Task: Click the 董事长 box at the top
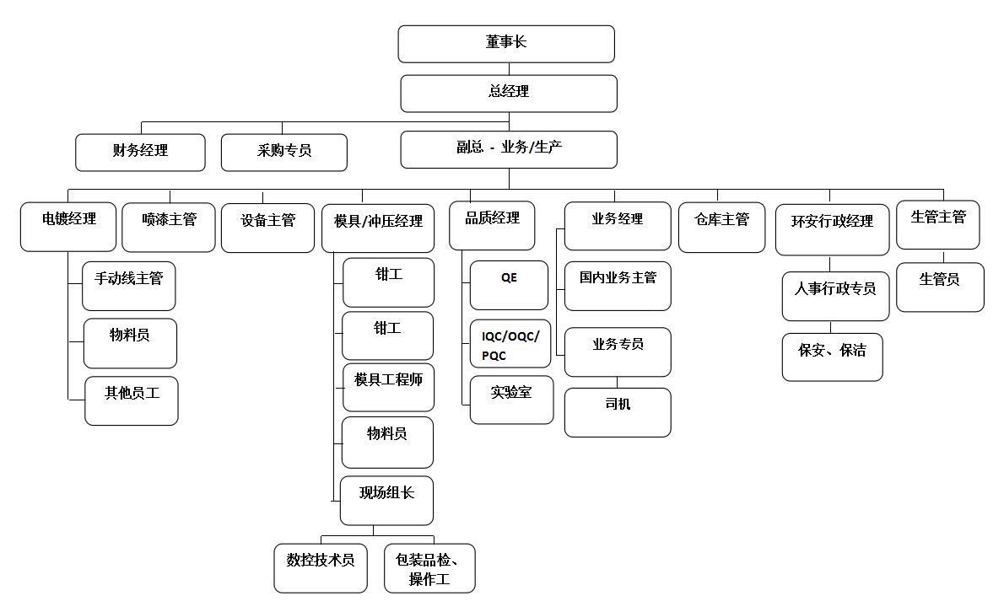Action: tap(506, 44)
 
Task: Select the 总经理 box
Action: tap(508, 93)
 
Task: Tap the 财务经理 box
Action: tap(140, 152)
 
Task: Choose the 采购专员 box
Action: tap(284, 153)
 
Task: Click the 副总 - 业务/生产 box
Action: tap(509, 149)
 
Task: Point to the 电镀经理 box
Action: tap(68, 227)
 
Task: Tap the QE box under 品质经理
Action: tap(509, 285)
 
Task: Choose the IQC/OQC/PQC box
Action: tap(510, 344)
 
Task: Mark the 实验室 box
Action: tap(511, 400)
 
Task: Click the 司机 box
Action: tap(618, 412)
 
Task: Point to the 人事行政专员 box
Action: tap(835, 296)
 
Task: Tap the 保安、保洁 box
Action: tap(832, 357)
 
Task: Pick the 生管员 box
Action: tap(939, 287)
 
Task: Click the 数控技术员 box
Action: tap(321, 567)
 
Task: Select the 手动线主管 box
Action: tap(128, 286)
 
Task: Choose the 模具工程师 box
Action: tap(388, 387)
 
